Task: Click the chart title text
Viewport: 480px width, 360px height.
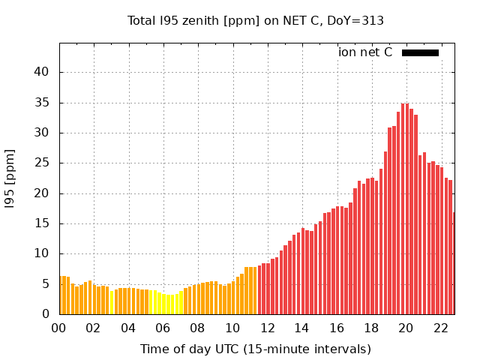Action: pos(256,21)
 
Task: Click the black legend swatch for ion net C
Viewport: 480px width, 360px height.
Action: pos(420,52)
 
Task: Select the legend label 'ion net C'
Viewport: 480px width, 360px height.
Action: pos(365,52)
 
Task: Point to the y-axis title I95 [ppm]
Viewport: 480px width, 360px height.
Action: pos(10,178)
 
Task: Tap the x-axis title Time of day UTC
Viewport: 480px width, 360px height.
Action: pos(256,349)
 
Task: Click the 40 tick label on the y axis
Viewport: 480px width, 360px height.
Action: pos(43,73)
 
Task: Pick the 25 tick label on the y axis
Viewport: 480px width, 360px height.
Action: pos(43,163)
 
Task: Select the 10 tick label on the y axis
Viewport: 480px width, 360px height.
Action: pos(43,254)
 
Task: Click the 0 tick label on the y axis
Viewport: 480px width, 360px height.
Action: pos(46,314)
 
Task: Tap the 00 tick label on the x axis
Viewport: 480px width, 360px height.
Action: pos(59,328)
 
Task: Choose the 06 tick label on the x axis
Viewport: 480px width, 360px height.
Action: pos(163,328)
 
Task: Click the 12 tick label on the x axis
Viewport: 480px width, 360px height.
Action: pos(267,328)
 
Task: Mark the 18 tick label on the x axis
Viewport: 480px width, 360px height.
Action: pos(371,328)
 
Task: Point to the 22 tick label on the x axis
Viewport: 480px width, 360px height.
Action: pos(440,328)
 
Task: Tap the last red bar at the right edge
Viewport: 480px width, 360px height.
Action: pos(454,263)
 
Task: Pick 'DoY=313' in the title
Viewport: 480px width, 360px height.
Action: pos(358,21)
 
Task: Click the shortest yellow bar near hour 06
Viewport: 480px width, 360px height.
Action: pos(169,304)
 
